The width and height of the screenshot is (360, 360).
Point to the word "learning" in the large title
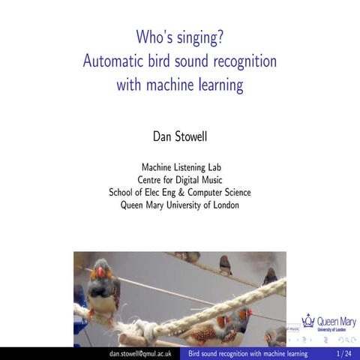(x=217, y=85)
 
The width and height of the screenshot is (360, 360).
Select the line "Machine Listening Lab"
(x=180, y=166)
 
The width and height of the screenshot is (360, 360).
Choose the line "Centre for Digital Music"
(x=180, y=179)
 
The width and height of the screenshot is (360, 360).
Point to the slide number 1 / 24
(x=343, y=352)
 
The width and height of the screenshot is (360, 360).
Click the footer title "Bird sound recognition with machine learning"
(x=248, y=352)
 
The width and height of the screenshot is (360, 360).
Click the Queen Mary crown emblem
(x=307, y=320)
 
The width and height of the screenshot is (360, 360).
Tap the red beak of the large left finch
(x=100, y=272)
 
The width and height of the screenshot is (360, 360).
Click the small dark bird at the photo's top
(x=225, y=264)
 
